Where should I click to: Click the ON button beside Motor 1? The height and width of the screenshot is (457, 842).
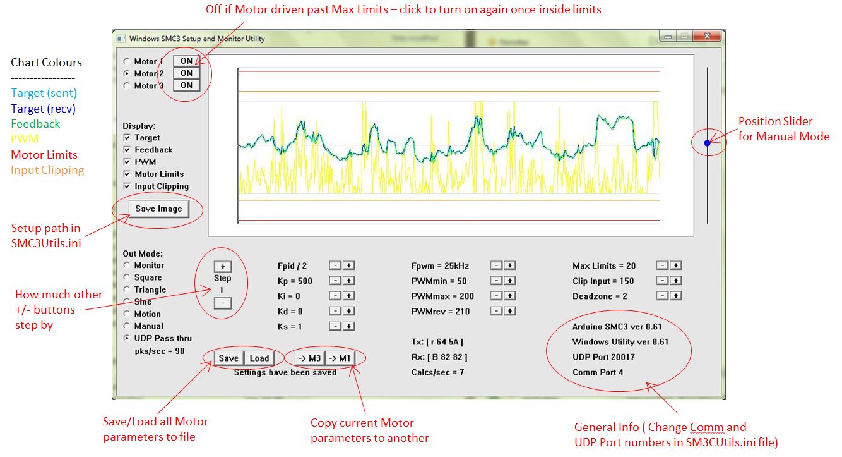[186, 61]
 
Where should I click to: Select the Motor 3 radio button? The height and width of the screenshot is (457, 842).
[127, 86]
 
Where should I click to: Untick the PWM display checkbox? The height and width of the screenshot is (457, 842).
[127, 162]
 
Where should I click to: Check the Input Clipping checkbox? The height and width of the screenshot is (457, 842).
[127, 186]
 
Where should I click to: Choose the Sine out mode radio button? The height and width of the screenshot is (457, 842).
[127, 302]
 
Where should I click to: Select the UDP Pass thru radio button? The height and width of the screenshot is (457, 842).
[127, 338]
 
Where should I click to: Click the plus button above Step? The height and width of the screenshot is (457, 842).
[222, 266]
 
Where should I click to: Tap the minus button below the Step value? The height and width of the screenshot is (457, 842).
[222, 303]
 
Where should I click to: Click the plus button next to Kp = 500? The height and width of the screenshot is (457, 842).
[348, 281]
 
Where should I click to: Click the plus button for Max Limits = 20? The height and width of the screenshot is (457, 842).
[675, 266]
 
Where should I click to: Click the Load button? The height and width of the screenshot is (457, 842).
[259, 358]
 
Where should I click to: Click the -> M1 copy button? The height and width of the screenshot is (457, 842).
[341, 358]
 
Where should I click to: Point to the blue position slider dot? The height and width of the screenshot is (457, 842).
[707, 143]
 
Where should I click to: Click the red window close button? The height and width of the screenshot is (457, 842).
[708, 37]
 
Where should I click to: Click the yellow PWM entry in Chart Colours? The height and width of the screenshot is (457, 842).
[25, 139]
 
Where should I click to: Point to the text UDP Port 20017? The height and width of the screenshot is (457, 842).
[603, 357]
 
